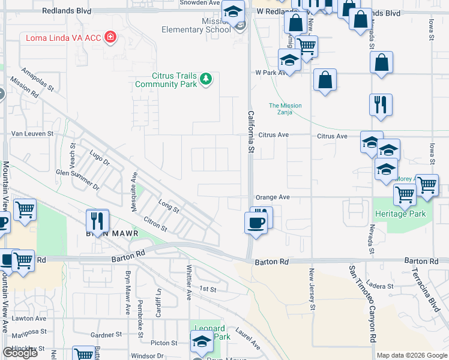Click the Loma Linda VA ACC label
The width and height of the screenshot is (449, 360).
[63, 38]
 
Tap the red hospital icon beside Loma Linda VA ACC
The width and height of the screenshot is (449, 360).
[110, 38]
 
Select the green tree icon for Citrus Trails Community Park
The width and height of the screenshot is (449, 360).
[205, 79]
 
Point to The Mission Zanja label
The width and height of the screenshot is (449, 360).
[285, 109]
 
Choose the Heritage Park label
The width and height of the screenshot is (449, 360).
[400, 214]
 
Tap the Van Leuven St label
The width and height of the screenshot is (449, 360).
[33, 134]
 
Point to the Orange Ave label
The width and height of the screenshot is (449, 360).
[273, 197]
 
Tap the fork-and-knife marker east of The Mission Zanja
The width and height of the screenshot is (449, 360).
[381, 104]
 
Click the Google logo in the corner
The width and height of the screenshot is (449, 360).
[20, 353]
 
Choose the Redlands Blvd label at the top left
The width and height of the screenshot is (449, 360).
[67, 11]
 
